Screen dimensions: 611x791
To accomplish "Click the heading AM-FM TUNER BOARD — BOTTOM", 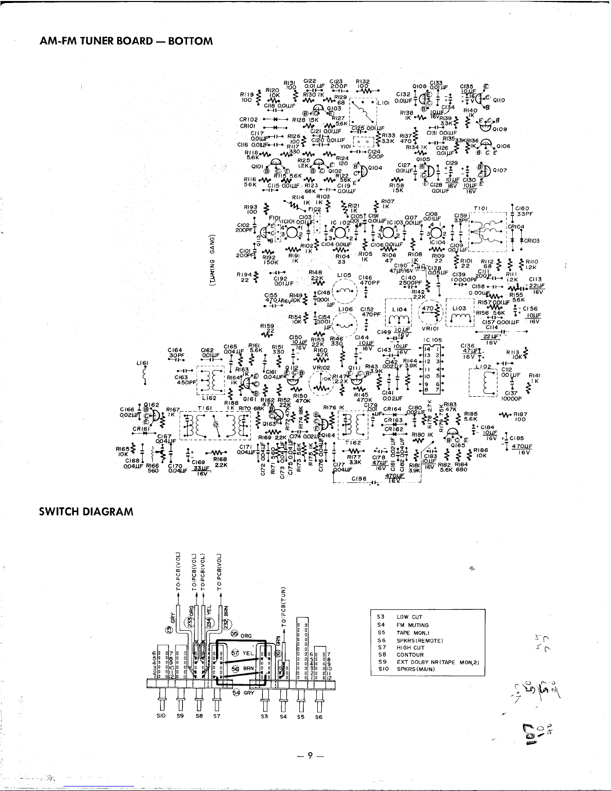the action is point(126,41).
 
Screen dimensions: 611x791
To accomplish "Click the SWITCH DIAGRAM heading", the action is point(86,512).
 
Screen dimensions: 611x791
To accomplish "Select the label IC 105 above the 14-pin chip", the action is point(432,340).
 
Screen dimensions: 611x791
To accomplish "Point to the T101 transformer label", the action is point(480,208).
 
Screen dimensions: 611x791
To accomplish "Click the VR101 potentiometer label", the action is point(430,329).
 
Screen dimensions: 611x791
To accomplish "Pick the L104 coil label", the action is point(399,310).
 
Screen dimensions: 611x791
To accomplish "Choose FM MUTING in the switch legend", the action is point(412,625).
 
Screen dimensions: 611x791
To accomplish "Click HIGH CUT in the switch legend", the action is point(410,647).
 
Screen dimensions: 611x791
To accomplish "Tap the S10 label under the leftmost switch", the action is point(162,717).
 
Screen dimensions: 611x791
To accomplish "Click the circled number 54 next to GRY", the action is point(236,693).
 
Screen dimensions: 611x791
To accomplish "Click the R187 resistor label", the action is point(521,414).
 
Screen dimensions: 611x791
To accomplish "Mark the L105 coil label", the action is point(344,275).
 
